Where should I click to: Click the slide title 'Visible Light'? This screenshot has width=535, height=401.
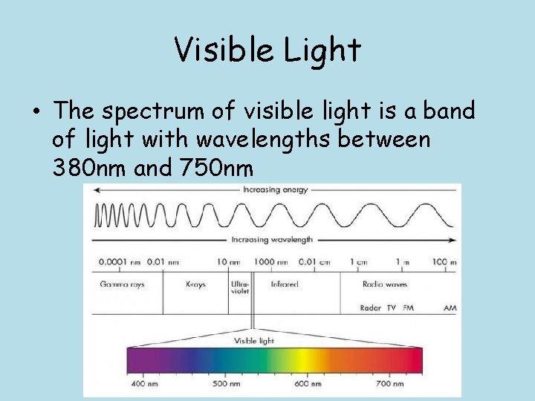[267, 50]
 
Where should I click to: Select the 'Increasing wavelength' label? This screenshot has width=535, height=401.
[272, 240]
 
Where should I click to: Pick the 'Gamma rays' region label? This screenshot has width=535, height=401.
[122, 284]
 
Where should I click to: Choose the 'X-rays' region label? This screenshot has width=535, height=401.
[195, 284]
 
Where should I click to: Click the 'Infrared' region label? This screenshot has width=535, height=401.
[285, 284]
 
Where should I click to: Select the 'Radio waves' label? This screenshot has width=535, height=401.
[384, 284]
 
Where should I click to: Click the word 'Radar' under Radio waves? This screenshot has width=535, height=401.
[371, 307]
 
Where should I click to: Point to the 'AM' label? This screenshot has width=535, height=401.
[450, 307]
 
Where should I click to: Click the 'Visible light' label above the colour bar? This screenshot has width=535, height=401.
[254, 341]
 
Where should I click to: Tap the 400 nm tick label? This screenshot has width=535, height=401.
[145, 385]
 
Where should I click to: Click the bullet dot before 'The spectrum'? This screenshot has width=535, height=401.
[36, 113]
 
